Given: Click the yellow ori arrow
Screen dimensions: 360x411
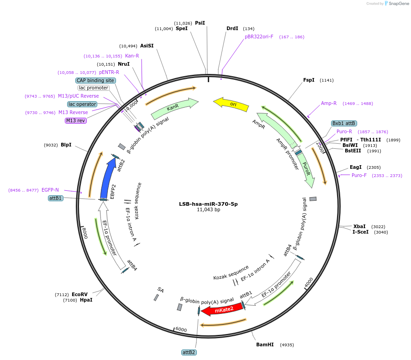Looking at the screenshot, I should pos(232,104).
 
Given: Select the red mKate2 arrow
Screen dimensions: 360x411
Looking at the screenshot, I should pos(221,310).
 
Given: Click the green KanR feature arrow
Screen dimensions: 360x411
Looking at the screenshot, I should pos(174,108).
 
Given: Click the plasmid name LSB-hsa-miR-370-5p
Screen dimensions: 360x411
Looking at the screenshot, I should pos(208,204).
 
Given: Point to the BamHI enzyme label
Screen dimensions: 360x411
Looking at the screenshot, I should pos(265,344).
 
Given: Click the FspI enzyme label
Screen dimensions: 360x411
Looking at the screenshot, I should pos(309,80).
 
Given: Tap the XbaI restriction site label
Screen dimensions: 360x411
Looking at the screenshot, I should pos(359,226).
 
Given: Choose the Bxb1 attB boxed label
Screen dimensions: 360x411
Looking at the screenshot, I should pos(344,123).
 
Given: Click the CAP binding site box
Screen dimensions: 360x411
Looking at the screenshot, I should pos(95,80).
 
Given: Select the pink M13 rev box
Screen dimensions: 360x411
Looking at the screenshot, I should pos(76,120).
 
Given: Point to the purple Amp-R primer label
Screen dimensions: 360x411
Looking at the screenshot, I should pos(329,103).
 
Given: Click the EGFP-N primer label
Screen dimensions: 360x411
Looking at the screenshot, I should pos(50,190).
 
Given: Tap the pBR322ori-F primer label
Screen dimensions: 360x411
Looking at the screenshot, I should pos(259,37).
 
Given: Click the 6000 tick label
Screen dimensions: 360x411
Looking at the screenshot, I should pos(181,329).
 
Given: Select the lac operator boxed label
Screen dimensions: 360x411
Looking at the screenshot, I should pos(83,104).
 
